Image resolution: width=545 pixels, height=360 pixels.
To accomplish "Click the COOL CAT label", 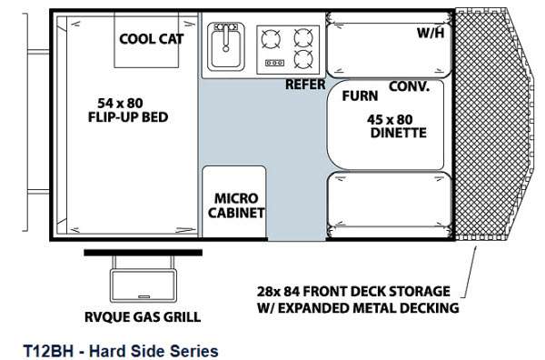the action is [151, 39].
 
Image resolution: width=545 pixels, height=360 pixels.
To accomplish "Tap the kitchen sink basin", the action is [226, 49].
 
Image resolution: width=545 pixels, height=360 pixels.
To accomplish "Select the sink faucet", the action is [226, 36].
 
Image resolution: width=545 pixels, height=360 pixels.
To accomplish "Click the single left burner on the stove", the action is [271, 39].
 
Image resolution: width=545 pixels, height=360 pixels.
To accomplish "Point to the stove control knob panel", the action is [274, 63].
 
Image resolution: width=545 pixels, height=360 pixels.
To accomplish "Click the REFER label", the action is [305, 85].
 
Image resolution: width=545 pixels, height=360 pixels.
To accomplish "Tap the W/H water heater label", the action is [431, 33].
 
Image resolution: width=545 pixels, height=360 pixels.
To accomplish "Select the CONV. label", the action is [409, 86].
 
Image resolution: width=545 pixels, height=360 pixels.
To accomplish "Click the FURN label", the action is [360, 96].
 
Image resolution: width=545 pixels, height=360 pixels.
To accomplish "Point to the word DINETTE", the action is [399, 133].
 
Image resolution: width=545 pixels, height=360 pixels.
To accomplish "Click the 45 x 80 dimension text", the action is [390, 120].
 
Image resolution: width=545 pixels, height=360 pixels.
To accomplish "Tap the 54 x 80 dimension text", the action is [120, 104].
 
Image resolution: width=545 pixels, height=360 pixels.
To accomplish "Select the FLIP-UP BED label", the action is [128, 117].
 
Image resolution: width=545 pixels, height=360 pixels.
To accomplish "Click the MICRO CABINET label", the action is [236, 205].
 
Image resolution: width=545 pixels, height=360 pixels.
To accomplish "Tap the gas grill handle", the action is [144, 296].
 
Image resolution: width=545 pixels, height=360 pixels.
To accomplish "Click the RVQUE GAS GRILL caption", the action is [143, 317].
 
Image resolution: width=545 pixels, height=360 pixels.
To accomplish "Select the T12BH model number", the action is [48, 351].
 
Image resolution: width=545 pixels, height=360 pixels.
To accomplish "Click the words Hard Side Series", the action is [154, 351].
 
